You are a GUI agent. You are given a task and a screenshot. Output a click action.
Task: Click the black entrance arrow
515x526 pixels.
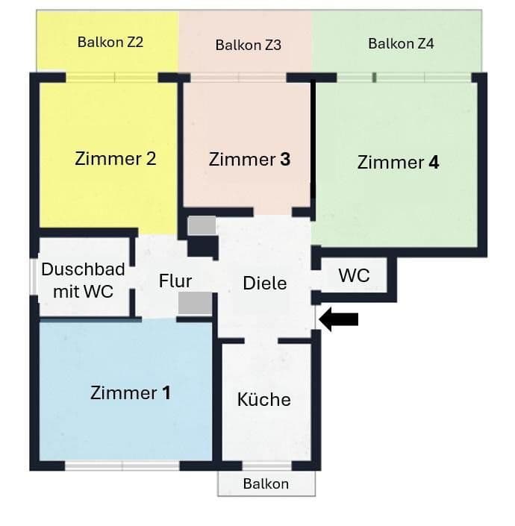339,319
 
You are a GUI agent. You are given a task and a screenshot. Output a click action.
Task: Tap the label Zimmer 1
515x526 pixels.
131,392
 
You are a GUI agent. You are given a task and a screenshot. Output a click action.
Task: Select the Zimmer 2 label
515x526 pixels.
116,159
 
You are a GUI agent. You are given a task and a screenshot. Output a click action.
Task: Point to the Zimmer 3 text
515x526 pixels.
249,160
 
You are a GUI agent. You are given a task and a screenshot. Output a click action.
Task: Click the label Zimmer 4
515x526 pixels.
398,163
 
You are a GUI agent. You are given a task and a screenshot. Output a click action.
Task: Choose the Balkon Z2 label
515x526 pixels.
110,43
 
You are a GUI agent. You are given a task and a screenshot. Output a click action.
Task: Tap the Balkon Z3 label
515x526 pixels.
248,46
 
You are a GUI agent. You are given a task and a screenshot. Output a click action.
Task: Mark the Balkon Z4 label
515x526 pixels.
401,44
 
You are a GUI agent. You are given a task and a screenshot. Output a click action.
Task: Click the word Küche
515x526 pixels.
263,400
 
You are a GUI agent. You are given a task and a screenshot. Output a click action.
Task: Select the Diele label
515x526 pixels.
265,284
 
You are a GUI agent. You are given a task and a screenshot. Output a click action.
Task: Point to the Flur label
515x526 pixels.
175,281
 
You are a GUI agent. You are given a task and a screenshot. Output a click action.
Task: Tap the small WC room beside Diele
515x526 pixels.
354,275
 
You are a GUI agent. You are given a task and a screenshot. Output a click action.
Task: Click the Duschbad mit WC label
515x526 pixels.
83,281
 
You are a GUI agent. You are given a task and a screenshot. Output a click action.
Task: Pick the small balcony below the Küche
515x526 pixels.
266,483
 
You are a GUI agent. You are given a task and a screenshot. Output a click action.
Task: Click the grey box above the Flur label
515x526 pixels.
202,225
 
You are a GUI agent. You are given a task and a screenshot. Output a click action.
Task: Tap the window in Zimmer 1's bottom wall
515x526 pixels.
122,466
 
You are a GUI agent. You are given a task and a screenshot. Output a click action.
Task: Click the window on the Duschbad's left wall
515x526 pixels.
34,276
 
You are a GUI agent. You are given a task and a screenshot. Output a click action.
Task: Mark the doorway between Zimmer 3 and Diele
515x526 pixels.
272,213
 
